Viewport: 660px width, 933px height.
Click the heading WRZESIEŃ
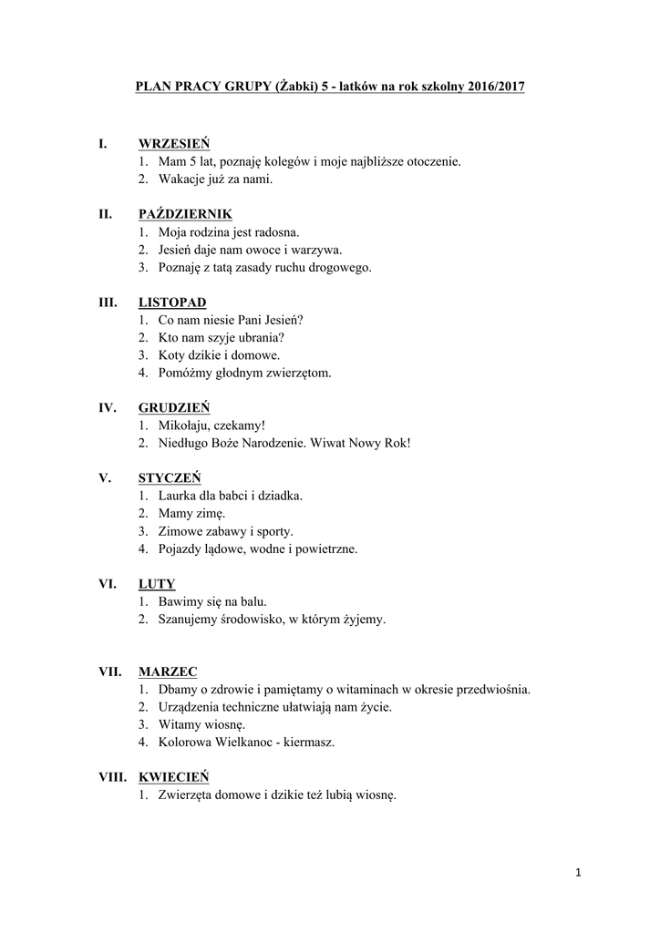pyautogui.click(x=174, y=144)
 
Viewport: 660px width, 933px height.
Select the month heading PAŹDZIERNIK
pyautogui.click(x=185, y=214)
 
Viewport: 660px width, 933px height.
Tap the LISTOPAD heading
pyautogui.click(x=172, y=302)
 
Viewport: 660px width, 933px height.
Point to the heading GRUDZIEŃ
pyautogui.click(x=174, y=408)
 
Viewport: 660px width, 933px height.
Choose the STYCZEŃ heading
pyautogui.click(x=170, y=478)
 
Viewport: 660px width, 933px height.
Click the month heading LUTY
pyautogui.click(x=157, y=584)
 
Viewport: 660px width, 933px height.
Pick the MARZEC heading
pyautogui.click(x=168, y=672)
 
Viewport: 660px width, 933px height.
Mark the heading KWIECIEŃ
pyautogui.click(x=173, y=777)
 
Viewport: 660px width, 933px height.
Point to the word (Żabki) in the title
pyautogui.click(x=294, y=87)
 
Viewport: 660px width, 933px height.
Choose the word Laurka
pyautogui.click(x=178, y=496)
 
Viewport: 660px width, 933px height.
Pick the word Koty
pyautogui.click(x=170, y=355)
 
